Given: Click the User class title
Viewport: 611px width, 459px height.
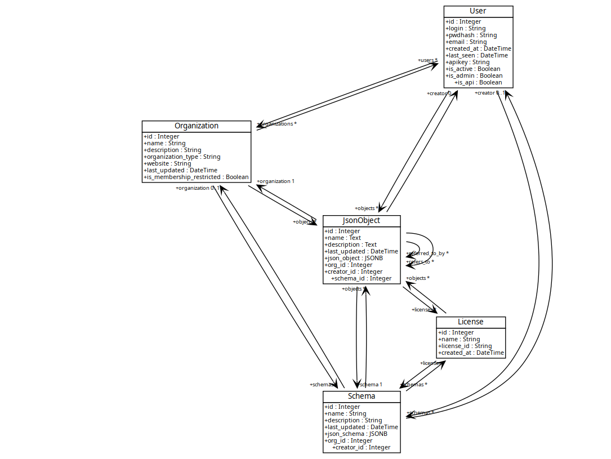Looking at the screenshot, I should pyautogui.click(x=478, y=11).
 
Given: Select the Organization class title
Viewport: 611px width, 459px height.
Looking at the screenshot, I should pyautogui.click(x=196, y=126).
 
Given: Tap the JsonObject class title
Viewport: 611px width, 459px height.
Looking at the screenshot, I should pyautogui.click(x=361, y=221).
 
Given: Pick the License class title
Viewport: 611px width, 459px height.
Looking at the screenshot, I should pyautogui.click(x=470, y=322).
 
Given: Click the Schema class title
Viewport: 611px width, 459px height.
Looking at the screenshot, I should pyautogui.click(x=361, y=396).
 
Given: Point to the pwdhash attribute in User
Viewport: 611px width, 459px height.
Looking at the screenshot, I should pyautogui.click(x=471, y=35).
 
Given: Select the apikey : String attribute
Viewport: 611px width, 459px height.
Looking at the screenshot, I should pyautogui.click(x=467, y=63).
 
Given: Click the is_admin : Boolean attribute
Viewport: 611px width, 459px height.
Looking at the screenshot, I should pyautogui.click(x=474, y=76).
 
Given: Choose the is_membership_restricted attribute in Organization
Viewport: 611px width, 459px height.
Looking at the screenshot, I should pyautogui.click(x=196, y=177).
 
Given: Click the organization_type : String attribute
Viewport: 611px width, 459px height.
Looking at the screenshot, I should pyautogui.click(x=182, y=157).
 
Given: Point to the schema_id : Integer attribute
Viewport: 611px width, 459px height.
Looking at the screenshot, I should pyautogui.click(x=361, y=279).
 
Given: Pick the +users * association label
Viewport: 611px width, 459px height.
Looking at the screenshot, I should pyautogui.click(x=427, y=60).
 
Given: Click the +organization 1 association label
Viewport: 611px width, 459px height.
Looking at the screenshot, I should pyautogui.click(x=275, y=181).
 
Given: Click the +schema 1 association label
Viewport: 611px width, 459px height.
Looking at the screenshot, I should pyautogui.click(x=370, y=385).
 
